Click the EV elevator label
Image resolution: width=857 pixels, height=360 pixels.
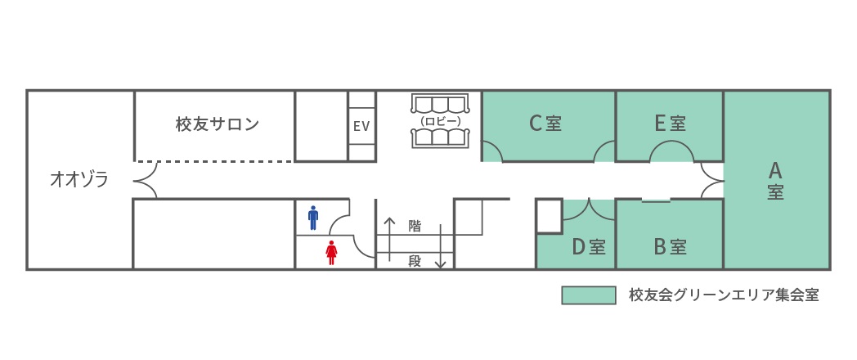[x=361, y=126]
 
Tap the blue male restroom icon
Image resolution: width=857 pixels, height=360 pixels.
[x=313, y=218]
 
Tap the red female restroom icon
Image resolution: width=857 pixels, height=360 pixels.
[x=331, y=253]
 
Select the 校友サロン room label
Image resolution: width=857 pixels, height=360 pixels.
[x=217, y=124]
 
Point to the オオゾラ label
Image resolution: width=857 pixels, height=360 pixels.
[x=79, y=179]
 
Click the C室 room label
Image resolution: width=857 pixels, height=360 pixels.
[x=545, y=124]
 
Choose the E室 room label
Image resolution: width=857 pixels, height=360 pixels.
[x=670, y=124]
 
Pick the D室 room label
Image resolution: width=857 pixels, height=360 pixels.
[x=589, y=247]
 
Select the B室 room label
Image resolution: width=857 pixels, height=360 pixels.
[x=670, y=247]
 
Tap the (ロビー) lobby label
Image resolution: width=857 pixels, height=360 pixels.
[x=440, y=120]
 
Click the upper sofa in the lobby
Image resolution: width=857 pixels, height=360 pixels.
[x=440, y=104]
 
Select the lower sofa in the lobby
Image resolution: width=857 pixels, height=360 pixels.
[x=440, y=138]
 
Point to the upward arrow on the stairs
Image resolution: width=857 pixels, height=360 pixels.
[x=389, y=239]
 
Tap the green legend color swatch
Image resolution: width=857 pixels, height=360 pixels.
[x=589, y=295]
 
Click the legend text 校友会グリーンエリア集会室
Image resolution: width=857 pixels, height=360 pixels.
[x=725, y=295]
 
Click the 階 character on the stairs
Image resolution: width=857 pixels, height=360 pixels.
[x=415, y=226]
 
